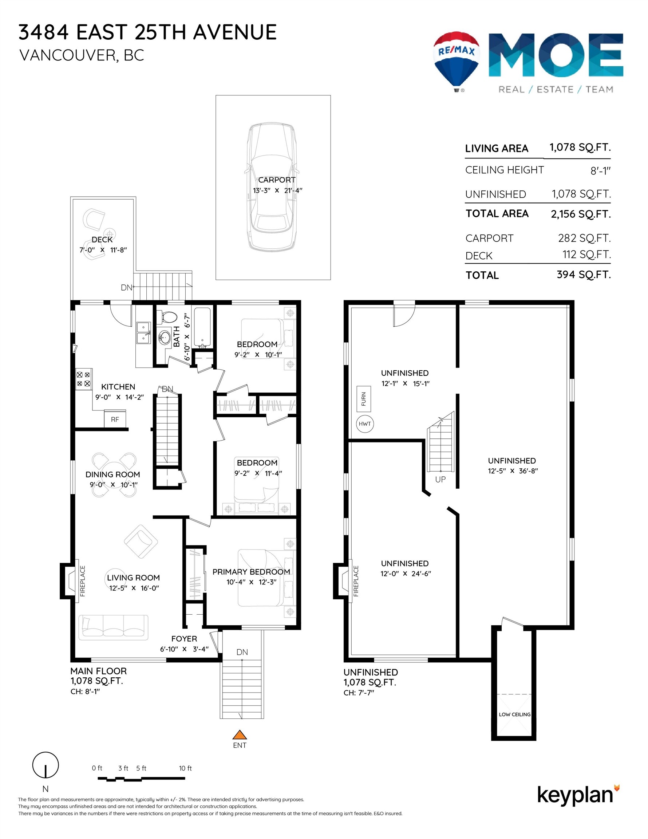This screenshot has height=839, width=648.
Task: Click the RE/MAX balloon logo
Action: (456, 60)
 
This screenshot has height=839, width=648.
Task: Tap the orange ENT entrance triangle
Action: (239, 734)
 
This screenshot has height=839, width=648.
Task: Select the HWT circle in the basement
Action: (364, 424)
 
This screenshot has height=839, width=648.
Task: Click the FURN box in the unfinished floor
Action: (363, 399)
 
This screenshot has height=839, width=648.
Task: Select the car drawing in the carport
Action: (272, 187)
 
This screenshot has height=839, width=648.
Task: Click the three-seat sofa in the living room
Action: (113, 627)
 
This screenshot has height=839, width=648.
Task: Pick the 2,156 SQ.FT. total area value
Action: (580, 214)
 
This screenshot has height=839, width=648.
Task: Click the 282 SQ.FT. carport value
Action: (584, 238)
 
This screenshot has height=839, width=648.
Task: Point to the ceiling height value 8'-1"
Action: (600, 170)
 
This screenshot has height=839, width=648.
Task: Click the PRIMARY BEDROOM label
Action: (251, 572)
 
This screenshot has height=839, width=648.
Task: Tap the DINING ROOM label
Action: (112, 474)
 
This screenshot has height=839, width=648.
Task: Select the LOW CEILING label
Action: (514, 714)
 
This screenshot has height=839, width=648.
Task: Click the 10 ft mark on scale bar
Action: (185, 768)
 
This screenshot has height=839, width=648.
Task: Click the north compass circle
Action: (46, 765)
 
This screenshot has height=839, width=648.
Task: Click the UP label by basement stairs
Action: (440, 480)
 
